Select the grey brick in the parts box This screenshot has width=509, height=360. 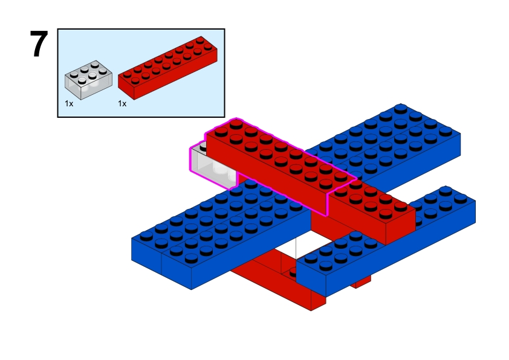89,80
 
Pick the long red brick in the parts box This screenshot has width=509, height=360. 167,68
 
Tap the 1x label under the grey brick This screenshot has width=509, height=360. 69,103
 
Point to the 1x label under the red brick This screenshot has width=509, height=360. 122,103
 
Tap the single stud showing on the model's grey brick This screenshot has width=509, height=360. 203,147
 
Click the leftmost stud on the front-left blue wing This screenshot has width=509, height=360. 146,235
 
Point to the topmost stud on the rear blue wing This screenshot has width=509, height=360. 401,108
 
